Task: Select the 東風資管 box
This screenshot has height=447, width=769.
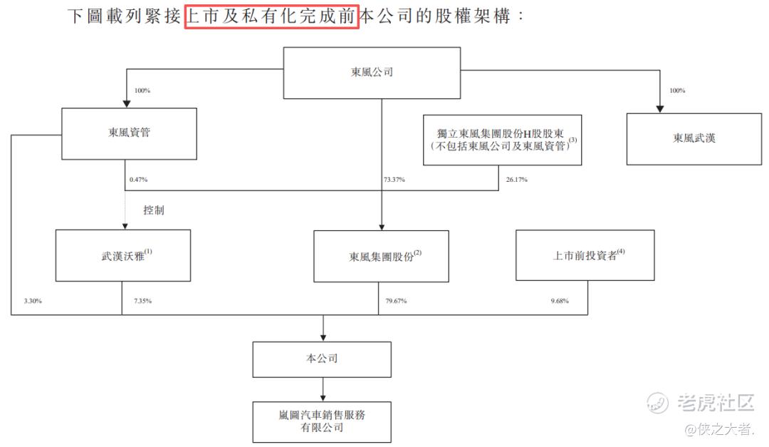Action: click(129, 133)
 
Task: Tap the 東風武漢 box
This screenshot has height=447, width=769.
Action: click(694, 138)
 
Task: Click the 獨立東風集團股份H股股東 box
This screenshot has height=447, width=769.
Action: click(502, 140)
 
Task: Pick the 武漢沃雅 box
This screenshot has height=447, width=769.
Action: click(123, 255)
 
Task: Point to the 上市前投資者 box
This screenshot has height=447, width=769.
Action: click(585, 255)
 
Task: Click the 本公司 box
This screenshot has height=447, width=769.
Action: click(321, 359)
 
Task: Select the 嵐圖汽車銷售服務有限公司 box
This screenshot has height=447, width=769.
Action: click(321, 421)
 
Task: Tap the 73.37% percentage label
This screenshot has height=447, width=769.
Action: click(394, 180)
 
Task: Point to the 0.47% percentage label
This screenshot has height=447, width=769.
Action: click(138, 180)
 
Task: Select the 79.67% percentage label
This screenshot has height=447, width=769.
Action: click(396, 302)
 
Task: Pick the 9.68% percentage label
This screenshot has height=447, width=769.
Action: click(560, 302)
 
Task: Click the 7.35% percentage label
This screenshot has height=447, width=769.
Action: click(142, 302)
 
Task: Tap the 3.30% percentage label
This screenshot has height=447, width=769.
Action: click(33, 302)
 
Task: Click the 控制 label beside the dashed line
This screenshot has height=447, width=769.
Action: click(153, 211)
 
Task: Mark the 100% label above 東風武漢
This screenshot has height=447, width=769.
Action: click(677, 91)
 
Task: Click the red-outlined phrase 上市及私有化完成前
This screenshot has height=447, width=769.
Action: click(271, 16)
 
